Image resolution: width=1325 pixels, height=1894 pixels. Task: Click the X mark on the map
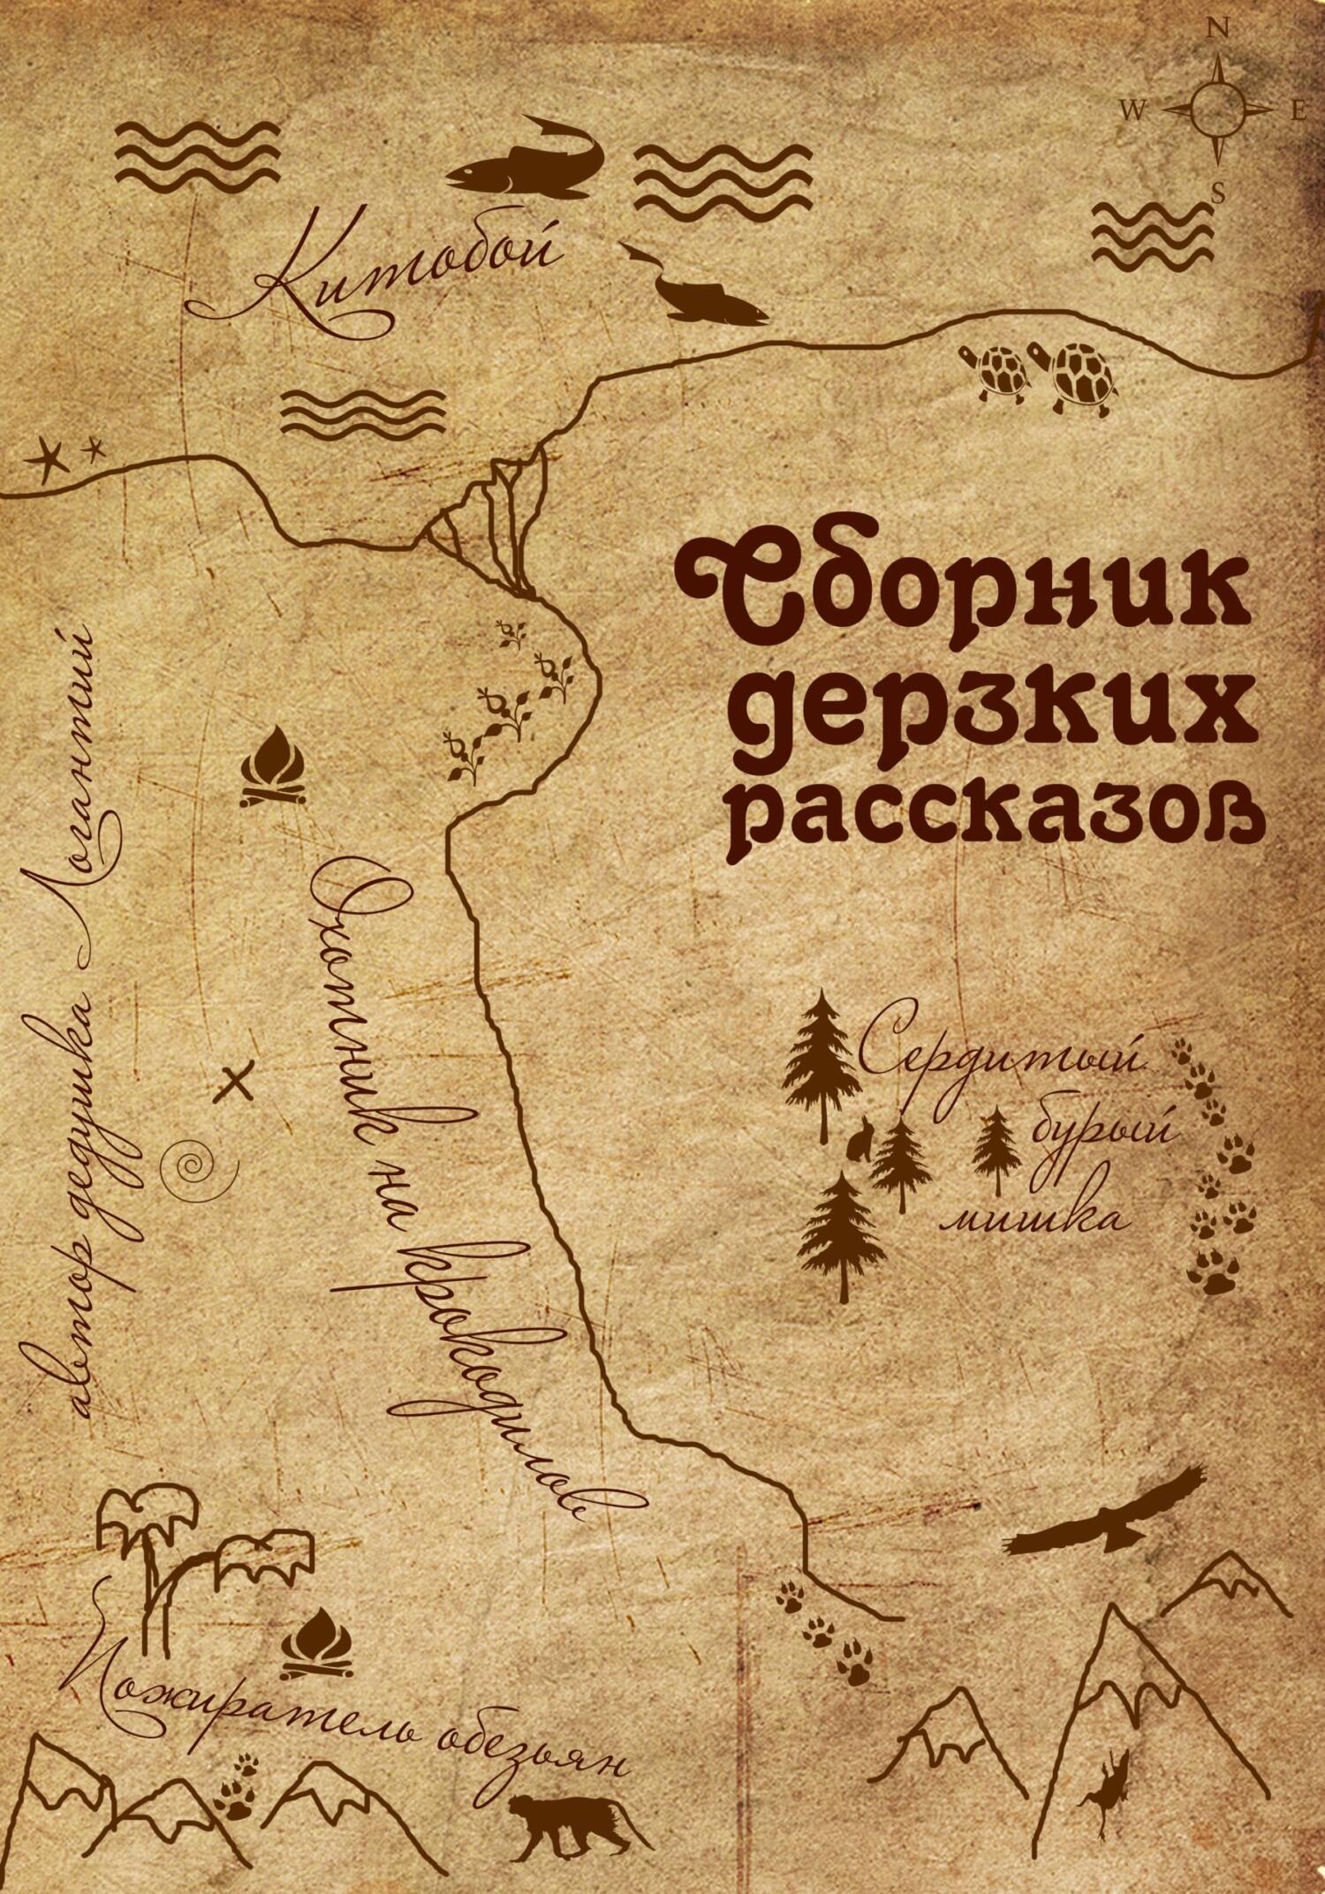pos(235,1083)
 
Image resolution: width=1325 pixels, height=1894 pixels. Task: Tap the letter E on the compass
pos(1298,110)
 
